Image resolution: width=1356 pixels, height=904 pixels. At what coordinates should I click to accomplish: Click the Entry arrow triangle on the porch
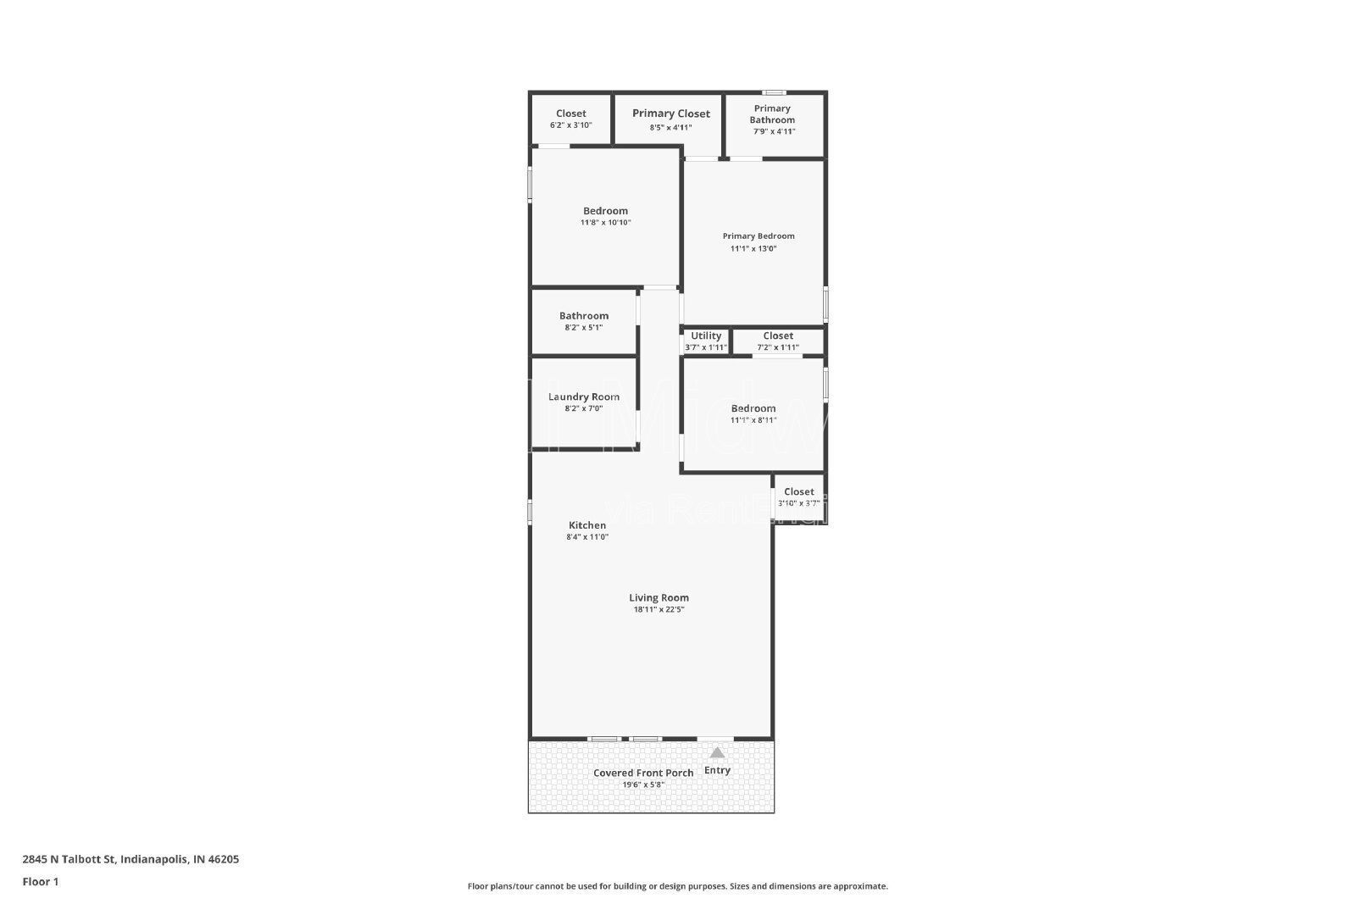coord(717,752)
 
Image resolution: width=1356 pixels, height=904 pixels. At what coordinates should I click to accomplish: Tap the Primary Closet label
coord(671,114)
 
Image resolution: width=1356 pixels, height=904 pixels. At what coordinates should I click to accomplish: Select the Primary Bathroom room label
coord(772,114)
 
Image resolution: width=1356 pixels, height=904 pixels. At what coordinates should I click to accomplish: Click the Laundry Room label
coord(584,397)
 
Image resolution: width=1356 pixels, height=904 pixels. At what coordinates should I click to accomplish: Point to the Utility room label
coord(706,336)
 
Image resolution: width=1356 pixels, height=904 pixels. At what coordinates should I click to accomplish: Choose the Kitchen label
coord(587,525)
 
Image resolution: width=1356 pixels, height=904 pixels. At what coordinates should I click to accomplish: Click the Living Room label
coord(659,597)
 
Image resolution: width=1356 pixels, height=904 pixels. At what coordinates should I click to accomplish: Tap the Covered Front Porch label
coord(643,773)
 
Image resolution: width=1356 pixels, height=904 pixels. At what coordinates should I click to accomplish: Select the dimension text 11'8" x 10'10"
coord(605,223)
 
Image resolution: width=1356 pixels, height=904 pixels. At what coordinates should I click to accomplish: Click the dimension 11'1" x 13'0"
coord(753,249)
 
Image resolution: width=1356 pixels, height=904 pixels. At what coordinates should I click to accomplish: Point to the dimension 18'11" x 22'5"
coord(659,609)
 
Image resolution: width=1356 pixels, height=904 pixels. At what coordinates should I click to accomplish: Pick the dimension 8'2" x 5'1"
coord(584,327)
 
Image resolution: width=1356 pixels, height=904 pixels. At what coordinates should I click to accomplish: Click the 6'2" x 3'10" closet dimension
coord(570,125)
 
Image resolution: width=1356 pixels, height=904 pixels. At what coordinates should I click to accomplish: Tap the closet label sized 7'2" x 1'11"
coord(778,336)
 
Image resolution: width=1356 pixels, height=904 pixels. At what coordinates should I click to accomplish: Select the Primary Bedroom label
coord(759,236)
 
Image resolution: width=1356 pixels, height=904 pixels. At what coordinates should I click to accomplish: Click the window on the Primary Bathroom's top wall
coord(773,92)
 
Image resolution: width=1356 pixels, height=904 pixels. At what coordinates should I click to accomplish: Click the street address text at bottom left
coord(131,859)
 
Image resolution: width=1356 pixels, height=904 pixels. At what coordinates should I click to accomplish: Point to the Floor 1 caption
coord(41,882)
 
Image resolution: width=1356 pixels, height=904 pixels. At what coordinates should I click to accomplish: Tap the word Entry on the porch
coord(717,770)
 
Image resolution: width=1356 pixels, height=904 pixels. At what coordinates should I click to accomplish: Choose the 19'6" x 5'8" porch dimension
coord(643,785)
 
